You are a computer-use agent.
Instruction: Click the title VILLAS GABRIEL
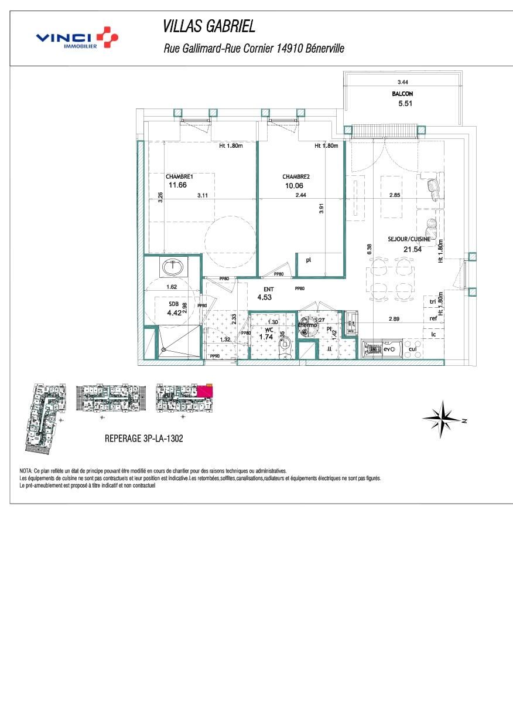click(x=209, y=27)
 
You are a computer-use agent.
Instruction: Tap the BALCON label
click(x=402, y=94)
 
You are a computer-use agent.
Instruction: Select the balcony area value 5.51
click(x=405, y=104)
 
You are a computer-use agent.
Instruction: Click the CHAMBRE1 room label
click(x=179, y=177)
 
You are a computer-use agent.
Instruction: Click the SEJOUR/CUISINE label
click(x=409, y=239)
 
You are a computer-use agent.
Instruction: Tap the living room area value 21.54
click(x=413, y=249)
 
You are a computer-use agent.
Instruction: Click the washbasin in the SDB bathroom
click(x=173, y=267)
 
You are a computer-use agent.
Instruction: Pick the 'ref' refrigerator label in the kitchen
click(x=433, y=318)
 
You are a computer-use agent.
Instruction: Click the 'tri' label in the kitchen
click(x=433, y=302)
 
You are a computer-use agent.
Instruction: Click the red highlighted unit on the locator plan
click(x=206, y=390)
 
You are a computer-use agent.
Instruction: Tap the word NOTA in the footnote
click(x=26, y=471)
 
